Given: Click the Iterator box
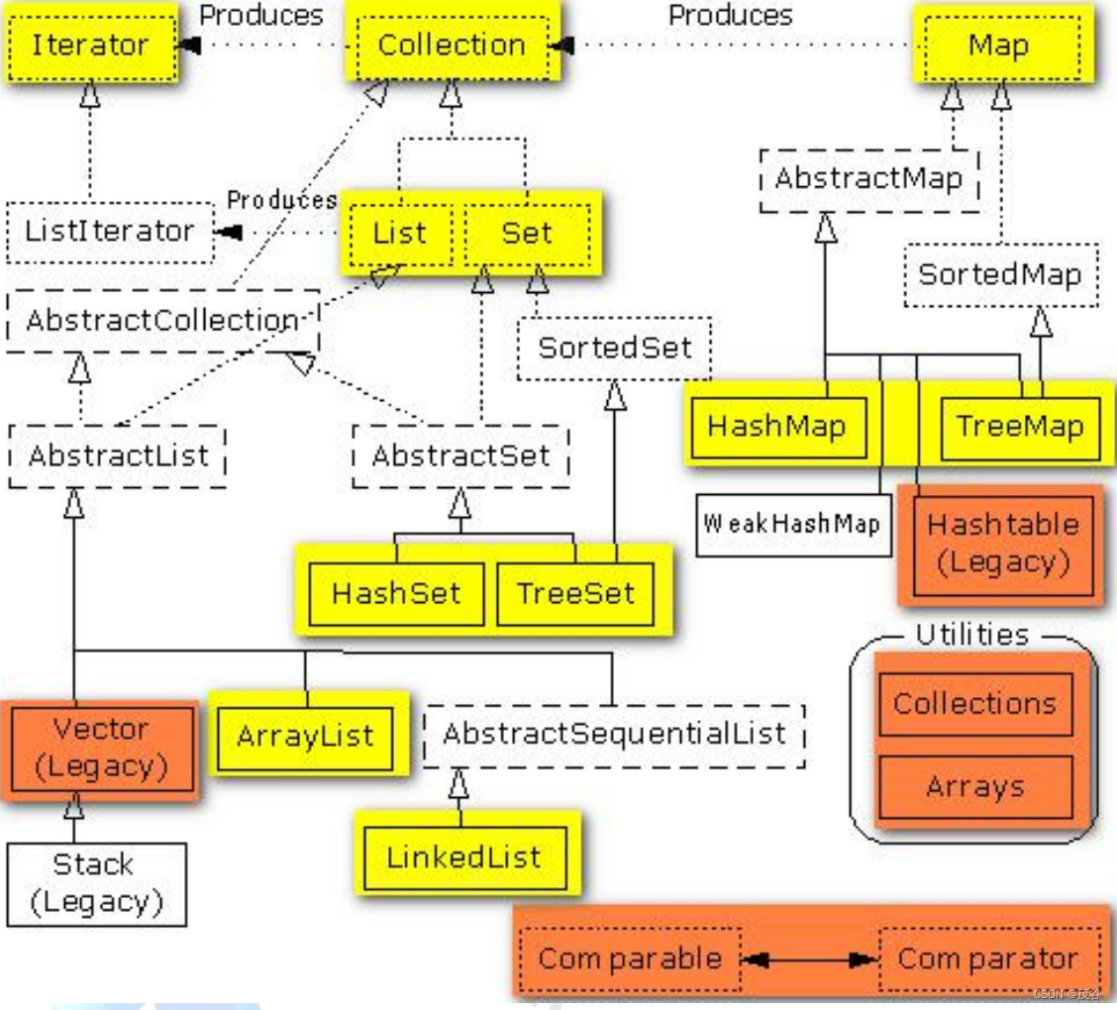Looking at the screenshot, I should [x=90, y=46].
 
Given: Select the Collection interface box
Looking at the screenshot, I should [x=452, y=46].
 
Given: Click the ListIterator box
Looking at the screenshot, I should [x=110, y=232].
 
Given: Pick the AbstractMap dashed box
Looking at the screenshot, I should [x=868, y=179].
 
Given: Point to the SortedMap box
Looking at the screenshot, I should [x=999, y=274].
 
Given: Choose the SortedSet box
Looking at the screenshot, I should [x=614, y=348].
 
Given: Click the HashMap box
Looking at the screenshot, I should [x=777, y=427].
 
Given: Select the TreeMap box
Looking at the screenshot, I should [x=1020, y=427].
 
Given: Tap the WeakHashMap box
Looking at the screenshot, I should [x=792, y=523].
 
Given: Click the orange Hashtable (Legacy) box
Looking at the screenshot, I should [x=1003, y=543].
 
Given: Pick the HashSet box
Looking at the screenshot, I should [x=396, y=594].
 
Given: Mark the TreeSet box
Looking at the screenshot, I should [x=575, y=594].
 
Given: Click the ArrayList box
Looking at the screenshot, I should [x=305, y=737].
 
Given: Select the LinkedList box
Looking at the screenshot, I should [x=464, y=858].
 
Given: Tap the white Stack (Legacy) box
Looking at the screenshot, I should [x=95, y=883].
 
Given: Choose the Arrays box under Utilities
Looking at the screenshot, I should [x=975, y=787].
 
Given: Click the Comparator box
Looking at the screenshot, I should [x=987, y=959].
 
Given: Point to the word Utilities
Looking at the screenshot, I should [x=971, y=635].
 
